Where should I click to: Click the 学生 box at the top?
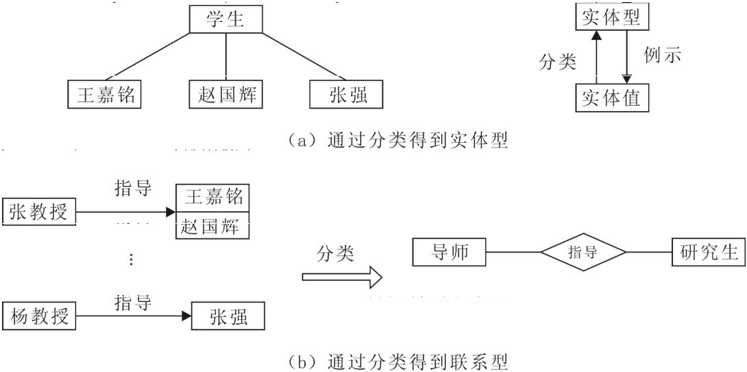coord(226,19)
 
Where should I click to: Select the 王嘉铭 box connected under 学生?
coord(104,95)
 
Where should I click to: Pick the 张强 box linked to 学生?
coord(347,95)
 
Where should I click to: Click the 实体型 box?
coord(611,17)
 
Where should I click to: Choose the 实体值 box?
coord(611,97)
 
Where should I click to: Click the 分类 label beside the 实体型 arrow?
coord(557,62)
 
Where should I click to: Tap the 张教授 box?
coord(38,213)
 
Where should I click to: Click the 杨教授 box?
coord(39,316)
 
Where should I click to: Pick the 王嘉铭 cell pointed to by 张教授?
coord(213,198)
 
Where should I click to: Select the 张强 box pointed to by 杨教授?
coord(228,316)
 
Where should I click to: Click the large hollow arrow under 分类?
coord(341,278)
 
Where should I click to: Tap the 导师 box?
coord(450,252)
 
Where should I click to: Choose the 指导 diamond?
coord(583,252)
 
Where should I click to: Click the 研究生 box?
coord(709,252)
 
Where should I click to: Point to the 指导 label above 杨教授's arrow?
coord(132,301)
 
